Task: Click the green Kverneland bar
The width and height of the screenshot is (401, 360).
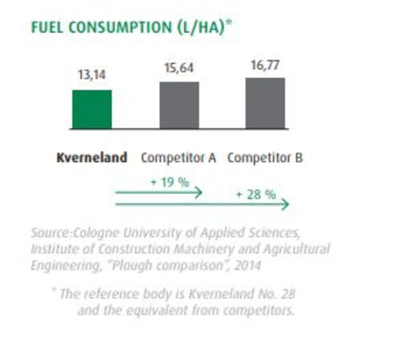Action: point(92,109)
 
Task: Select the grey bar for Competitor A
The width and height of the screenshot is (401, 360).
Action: point(179,105)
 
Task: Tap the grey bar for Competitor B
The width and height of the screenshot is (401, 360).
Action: point(265,103)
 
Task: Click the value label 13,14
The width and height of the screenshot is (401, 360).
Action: point(92,75)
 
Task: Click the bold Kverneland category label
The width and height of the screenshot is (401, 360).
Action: point(92,158)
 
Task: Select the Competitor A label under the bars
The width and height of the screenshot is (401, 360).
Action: point(178,158)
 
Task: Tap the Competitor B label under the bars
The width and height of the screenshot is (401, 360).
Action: point(265,158)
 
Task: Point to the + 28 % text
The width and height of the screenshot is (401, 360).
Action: point(256,194)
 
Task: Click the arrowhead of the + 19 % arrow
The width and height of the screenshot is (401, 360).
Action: point(198,192)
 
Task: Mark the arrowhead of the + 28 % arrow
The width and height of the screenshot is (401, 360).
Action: point(285,205)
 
